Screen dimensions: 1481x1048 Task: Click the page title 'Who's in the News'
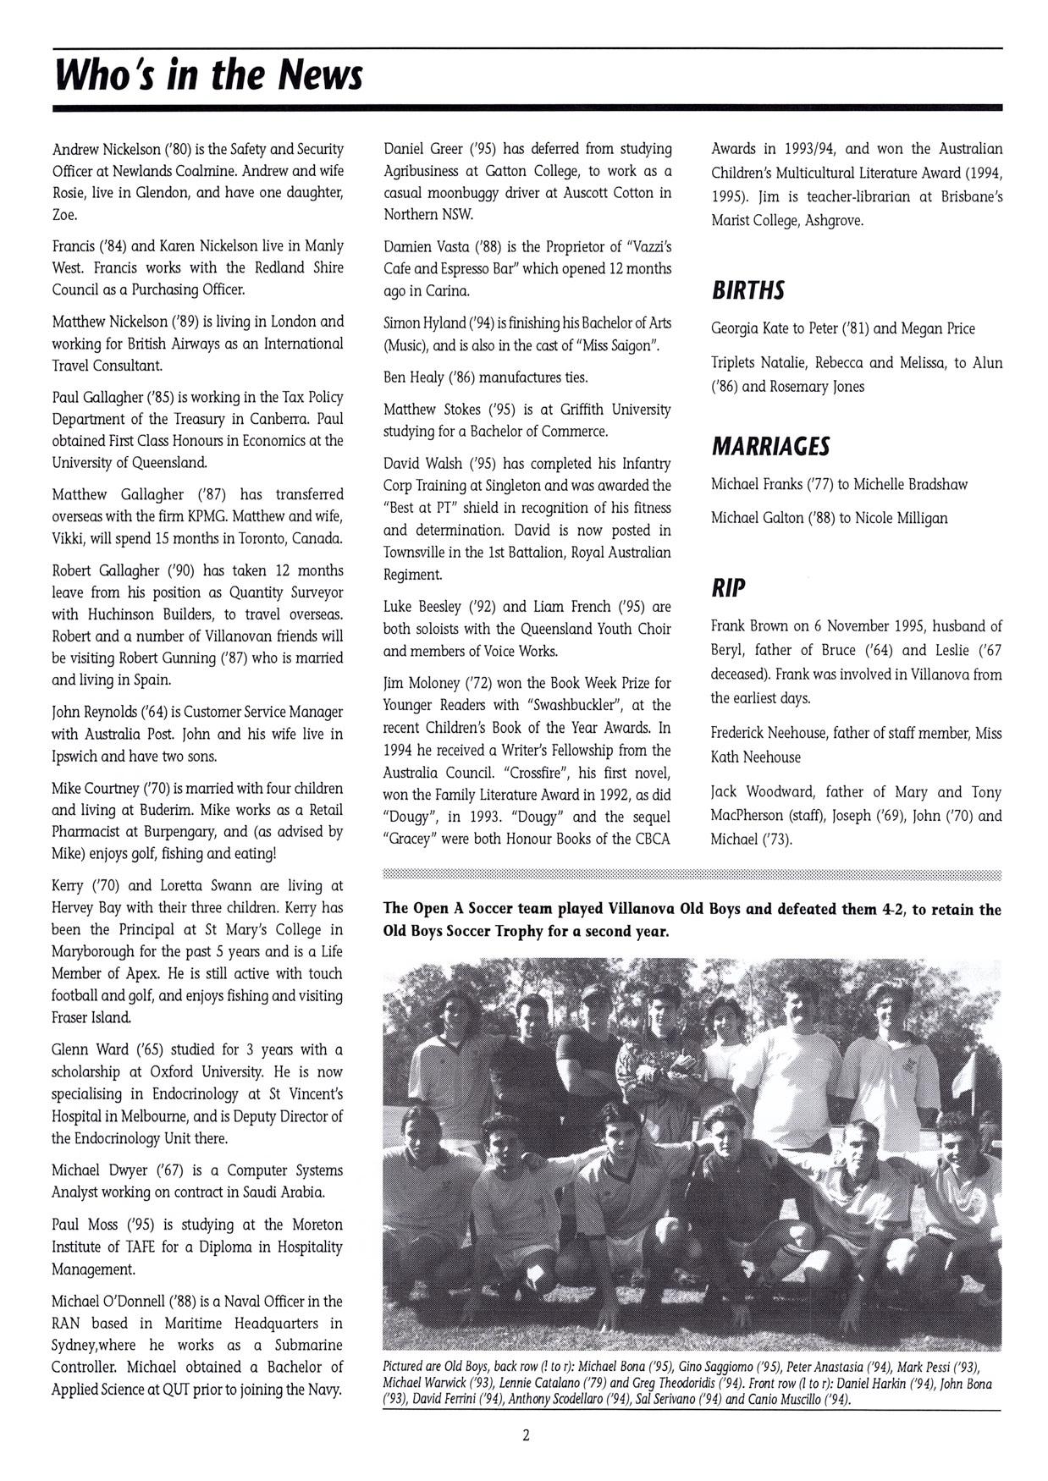[x=208, y=74]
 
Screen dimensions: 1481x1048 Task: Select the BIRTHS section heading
[x=748, y=290]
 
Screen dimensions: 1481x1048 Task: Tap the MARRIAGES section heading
[x=770, y=446]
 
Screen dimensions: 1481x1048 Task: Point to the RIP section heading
[x=728, y=587]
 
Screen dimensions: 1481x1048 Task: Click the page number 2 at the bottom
[x=526, y=1434]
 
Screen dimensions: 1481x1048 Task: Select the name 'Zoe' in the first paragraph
[x=64, y=215]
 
